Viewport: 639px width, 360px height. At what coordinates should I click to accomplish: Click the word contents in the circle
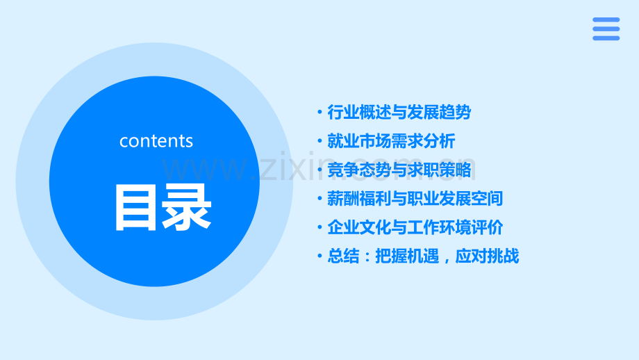(156, 140)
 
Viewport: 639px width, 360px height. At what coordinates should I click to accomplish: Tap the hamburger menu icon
(606, 29)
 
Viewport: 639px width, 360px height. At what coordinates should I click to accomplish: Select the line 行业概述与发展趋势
(399, 112)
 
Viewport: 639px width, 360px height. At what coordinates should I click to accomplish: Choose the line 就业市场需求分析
(391, 141)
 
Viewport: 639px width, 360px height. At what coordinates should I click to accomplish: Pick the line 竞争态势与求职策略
(399, 170)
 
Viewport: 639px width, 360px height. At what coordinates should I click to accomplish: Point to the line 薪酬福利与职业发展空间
(415, 199)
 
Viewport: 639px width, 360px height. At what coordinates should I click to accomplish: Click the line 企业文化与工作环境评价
(415, 227)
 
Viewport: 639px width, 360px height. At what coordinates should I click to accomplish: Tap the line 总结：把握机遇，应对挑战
(423, 256)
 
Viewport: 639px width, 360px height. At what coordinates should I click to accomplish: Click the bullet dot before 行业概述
(319, 113)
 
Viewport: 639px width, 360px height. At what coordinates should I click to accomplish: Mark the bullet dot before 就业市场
(319, 142)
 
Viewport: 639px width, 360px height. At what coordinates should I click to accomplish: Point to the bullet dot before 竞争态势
(319, 170)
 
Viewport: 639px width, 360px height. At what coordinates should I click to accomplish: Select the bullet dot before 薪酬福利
(319, 199)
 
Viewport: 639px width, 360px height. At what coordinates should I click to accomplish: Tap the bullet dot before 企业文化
(319, 228)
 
